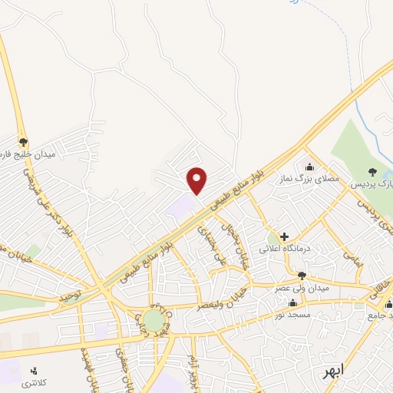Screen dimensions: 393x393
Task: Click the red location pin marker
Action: click(197, 180)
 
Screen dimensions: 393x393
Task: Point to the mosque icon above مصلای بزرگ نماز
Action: click(310, 167)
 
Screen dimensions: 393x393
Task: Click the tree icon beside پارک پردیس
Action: click(373, 172)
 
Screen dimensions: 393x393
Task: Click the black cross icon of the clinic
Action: click(284, 236)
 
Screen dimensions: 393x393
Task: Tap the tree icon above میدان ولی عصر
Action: click(302, 276)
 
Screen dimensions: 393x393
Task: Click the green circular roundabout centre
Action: click(154, 319)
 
